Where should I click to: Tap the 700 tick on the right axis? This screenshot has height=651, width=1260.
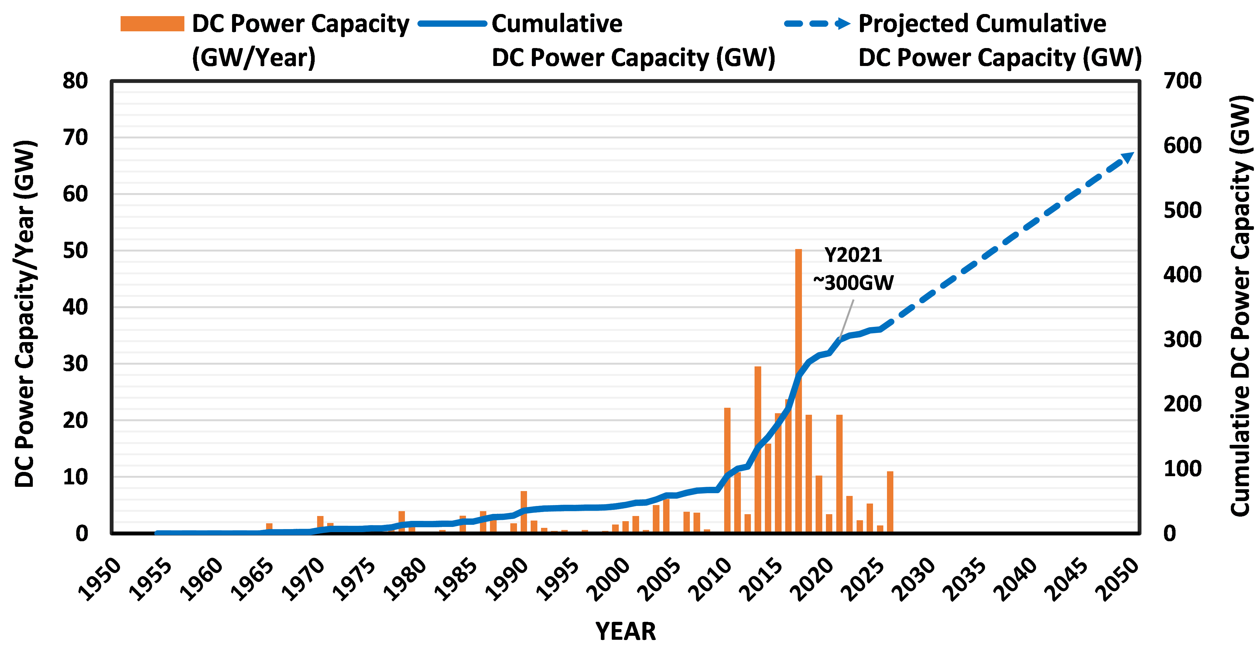[1182, 81]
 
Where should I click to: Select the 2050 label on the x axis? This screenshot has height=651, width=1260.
[1119, 580]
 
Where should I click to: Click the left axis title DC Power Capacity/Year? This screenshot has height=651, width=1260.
[25, 313]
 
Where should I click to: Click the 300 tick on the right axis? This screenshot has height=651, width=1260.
[1182, 339]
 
